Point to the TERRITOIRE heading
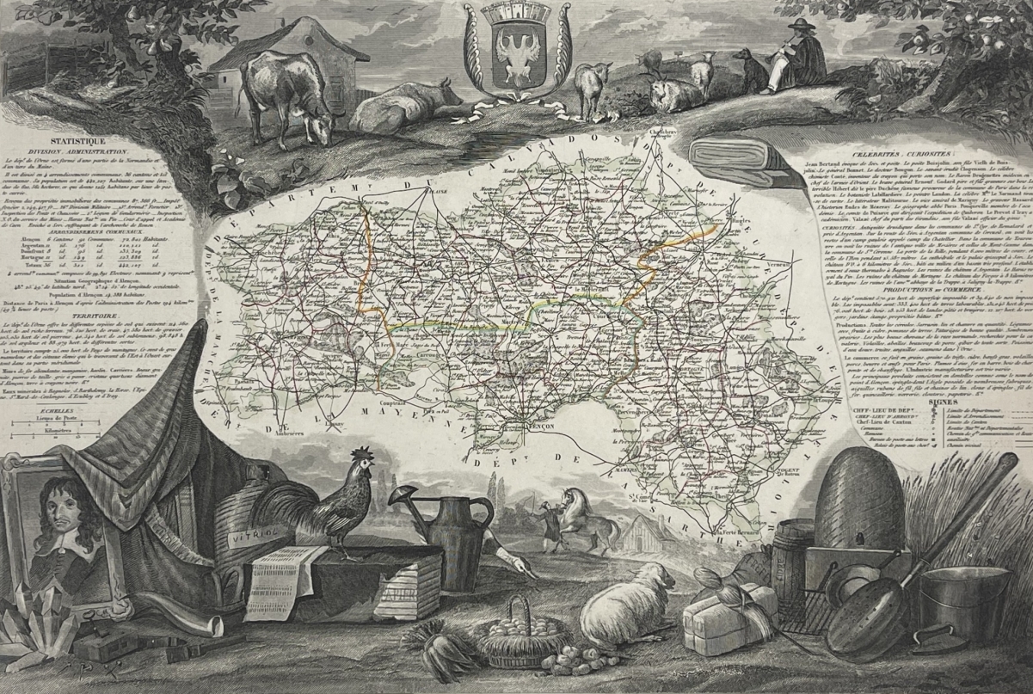coord(70,316)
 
